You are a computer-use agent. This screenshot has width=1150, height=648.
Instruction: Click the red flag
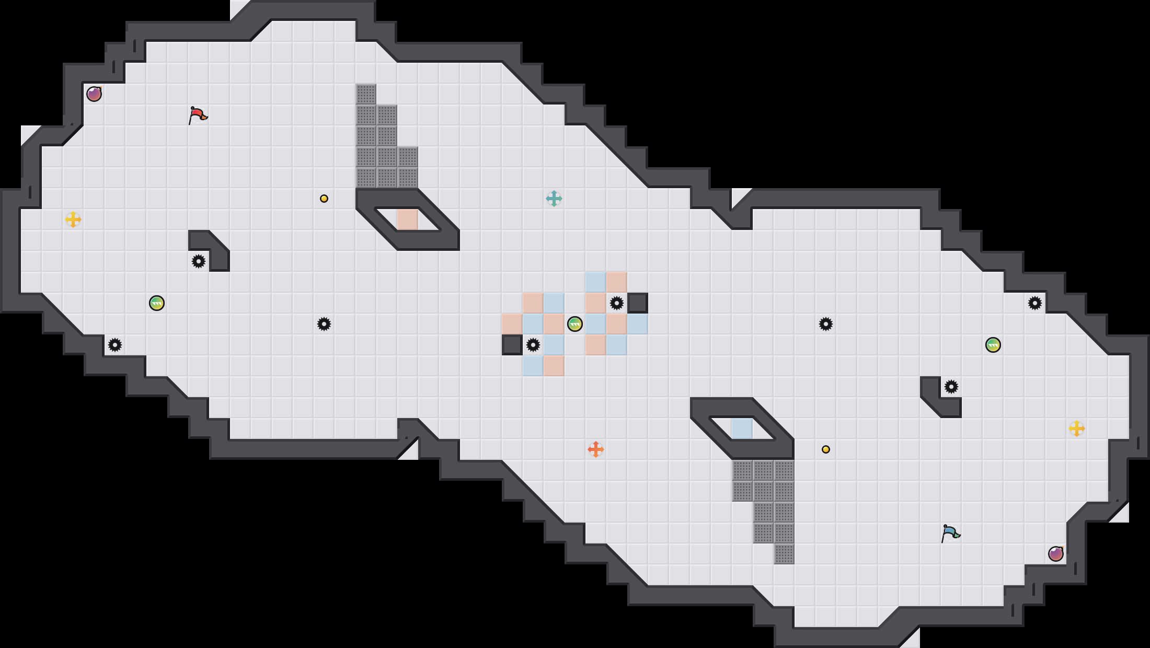pyautogui.click(x=198, y=115)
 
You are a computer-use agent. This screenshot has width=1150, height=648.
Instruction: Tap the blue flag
pyautogui.click(x=950, y=533)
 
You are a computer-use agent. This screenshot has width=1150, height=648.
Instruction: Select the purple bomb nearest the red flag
pyautogui.click(x=94, y=94)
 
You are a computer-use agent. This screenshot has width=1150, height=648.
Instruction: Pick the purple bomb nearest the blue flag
pyautogui.click(x=1056, y=554)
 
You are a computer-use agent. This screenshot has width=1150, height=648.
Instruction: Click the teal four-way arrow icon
pyautogui.click(x=554, y=199)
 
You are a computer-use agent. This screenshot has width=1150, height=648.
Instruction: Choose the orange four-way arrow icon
pyautogui.click(x=596, y=449)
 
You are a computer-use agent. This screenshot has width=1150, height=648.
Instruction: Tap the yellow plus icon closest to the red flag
pyautogui.click(x=73, y=219)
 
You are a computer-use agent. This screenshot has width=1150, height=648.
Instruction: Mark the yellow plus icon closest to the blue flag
pyautogui.click(x=1077, y=429)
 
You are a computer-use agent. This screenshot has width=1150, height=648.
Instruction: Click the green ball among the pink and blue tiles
pyautogui.click(x=575, y=324)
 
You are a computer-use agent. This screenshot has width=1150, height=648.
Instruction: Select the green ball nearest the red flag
pyautogui.click(x=157, y=303)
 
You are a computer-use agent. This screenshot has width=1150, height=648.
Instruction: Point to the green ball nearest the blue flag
pyautogui.click(x=993, y=345)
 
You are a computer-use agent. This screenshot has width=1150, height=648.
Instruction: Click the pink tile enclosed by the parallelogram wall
pyautogui.click(x=408, y=219)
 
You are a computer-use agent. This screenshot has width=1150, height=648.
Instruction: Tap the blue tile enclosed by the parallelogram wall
pyautogui.click(x=742, y=429)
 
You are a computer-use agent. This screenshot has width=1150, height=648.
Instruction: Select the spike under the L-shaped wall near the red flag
pyautogui.click(x=199, y=261)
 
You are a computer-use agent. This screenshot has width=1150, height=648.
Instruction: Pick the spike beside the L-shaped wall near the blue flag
pyautogui.click(x=951, y=387)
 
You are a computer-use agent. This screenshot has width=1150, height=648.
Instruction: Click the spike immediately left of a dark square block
pyautogui.click(x=617, y=303)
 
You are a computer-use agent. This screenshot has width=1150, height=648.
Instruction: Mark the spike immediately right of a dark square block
pyautogui.click(x=533, y=345)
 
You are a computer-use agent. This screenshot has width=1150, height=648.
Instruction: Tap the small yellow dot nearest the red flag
pyautogui.click(x=324, y=199)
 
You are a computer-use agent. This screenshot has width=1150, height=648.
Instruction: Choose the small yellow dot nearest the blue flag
pyautogui.click(x=826, y=449)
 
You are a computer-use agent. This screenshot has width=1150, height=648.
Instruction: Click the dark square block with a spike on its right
pyautogui.click(x=512, y=345)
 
